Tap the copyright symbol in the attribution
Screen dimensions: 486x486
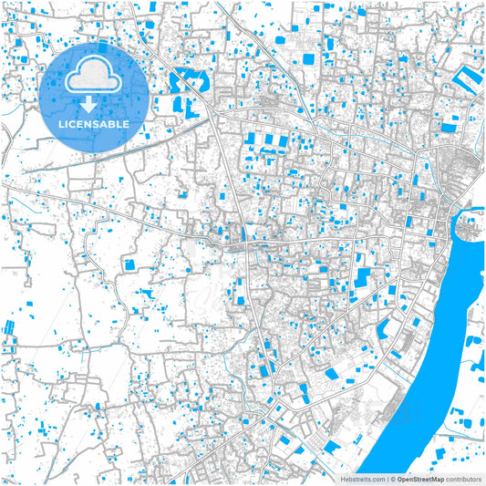(x=392, y=478)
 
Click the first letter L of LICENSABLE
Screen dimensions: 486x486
(x=61, y=123)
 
